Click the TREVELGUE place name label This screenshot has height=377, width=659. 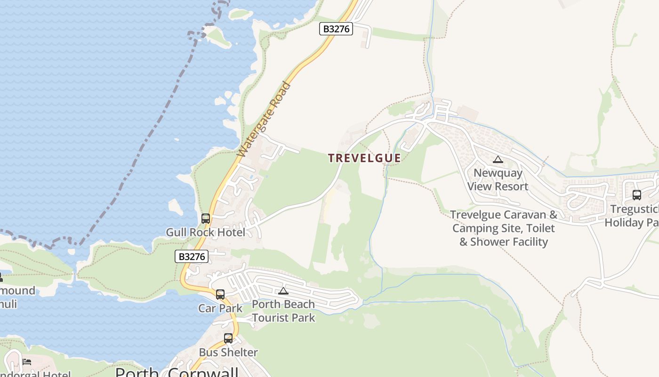(x=364, y=158)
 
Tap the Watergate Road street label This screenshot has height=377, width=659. (x=264, y=120)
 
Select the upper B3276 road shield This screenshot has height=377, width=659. (x=336, y=29)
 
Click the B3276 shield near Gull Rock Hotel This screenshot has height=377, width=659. (x=192, y=256)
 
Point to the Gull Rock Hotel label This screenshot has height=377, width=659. (x=205, y=232)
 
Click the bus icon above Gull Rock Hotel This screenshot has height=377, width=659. (x=206, y=219)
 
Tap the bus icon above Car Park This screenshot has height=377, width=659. (x=220, y=295)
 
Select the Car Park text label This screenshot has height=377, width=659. (x=220, y=308)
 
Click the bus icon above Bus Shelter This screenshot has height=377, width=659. (x=228, y=338)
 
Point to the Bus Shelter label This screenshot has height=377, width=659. (x=228, y=352)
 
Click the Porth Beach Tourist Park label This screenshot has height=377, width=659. (x=283, y=311)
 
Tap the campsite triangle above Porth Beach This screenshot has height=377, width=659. (x=283, y=291)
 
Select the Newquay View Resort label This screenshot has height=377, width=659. (x=498, y=180)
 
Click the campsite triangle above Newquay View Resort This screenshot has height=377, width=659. (x=498, y=160)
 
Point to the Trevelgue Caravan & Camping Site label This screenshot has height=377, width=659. (x=504, y=228)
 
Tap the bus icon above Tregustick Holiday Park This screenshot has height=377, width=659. (x=637, y=195)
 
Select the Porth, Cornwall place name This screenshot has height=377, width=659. (x=177, y=372)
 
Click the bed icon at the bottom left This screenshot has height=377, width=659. (x=27, y=362)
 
